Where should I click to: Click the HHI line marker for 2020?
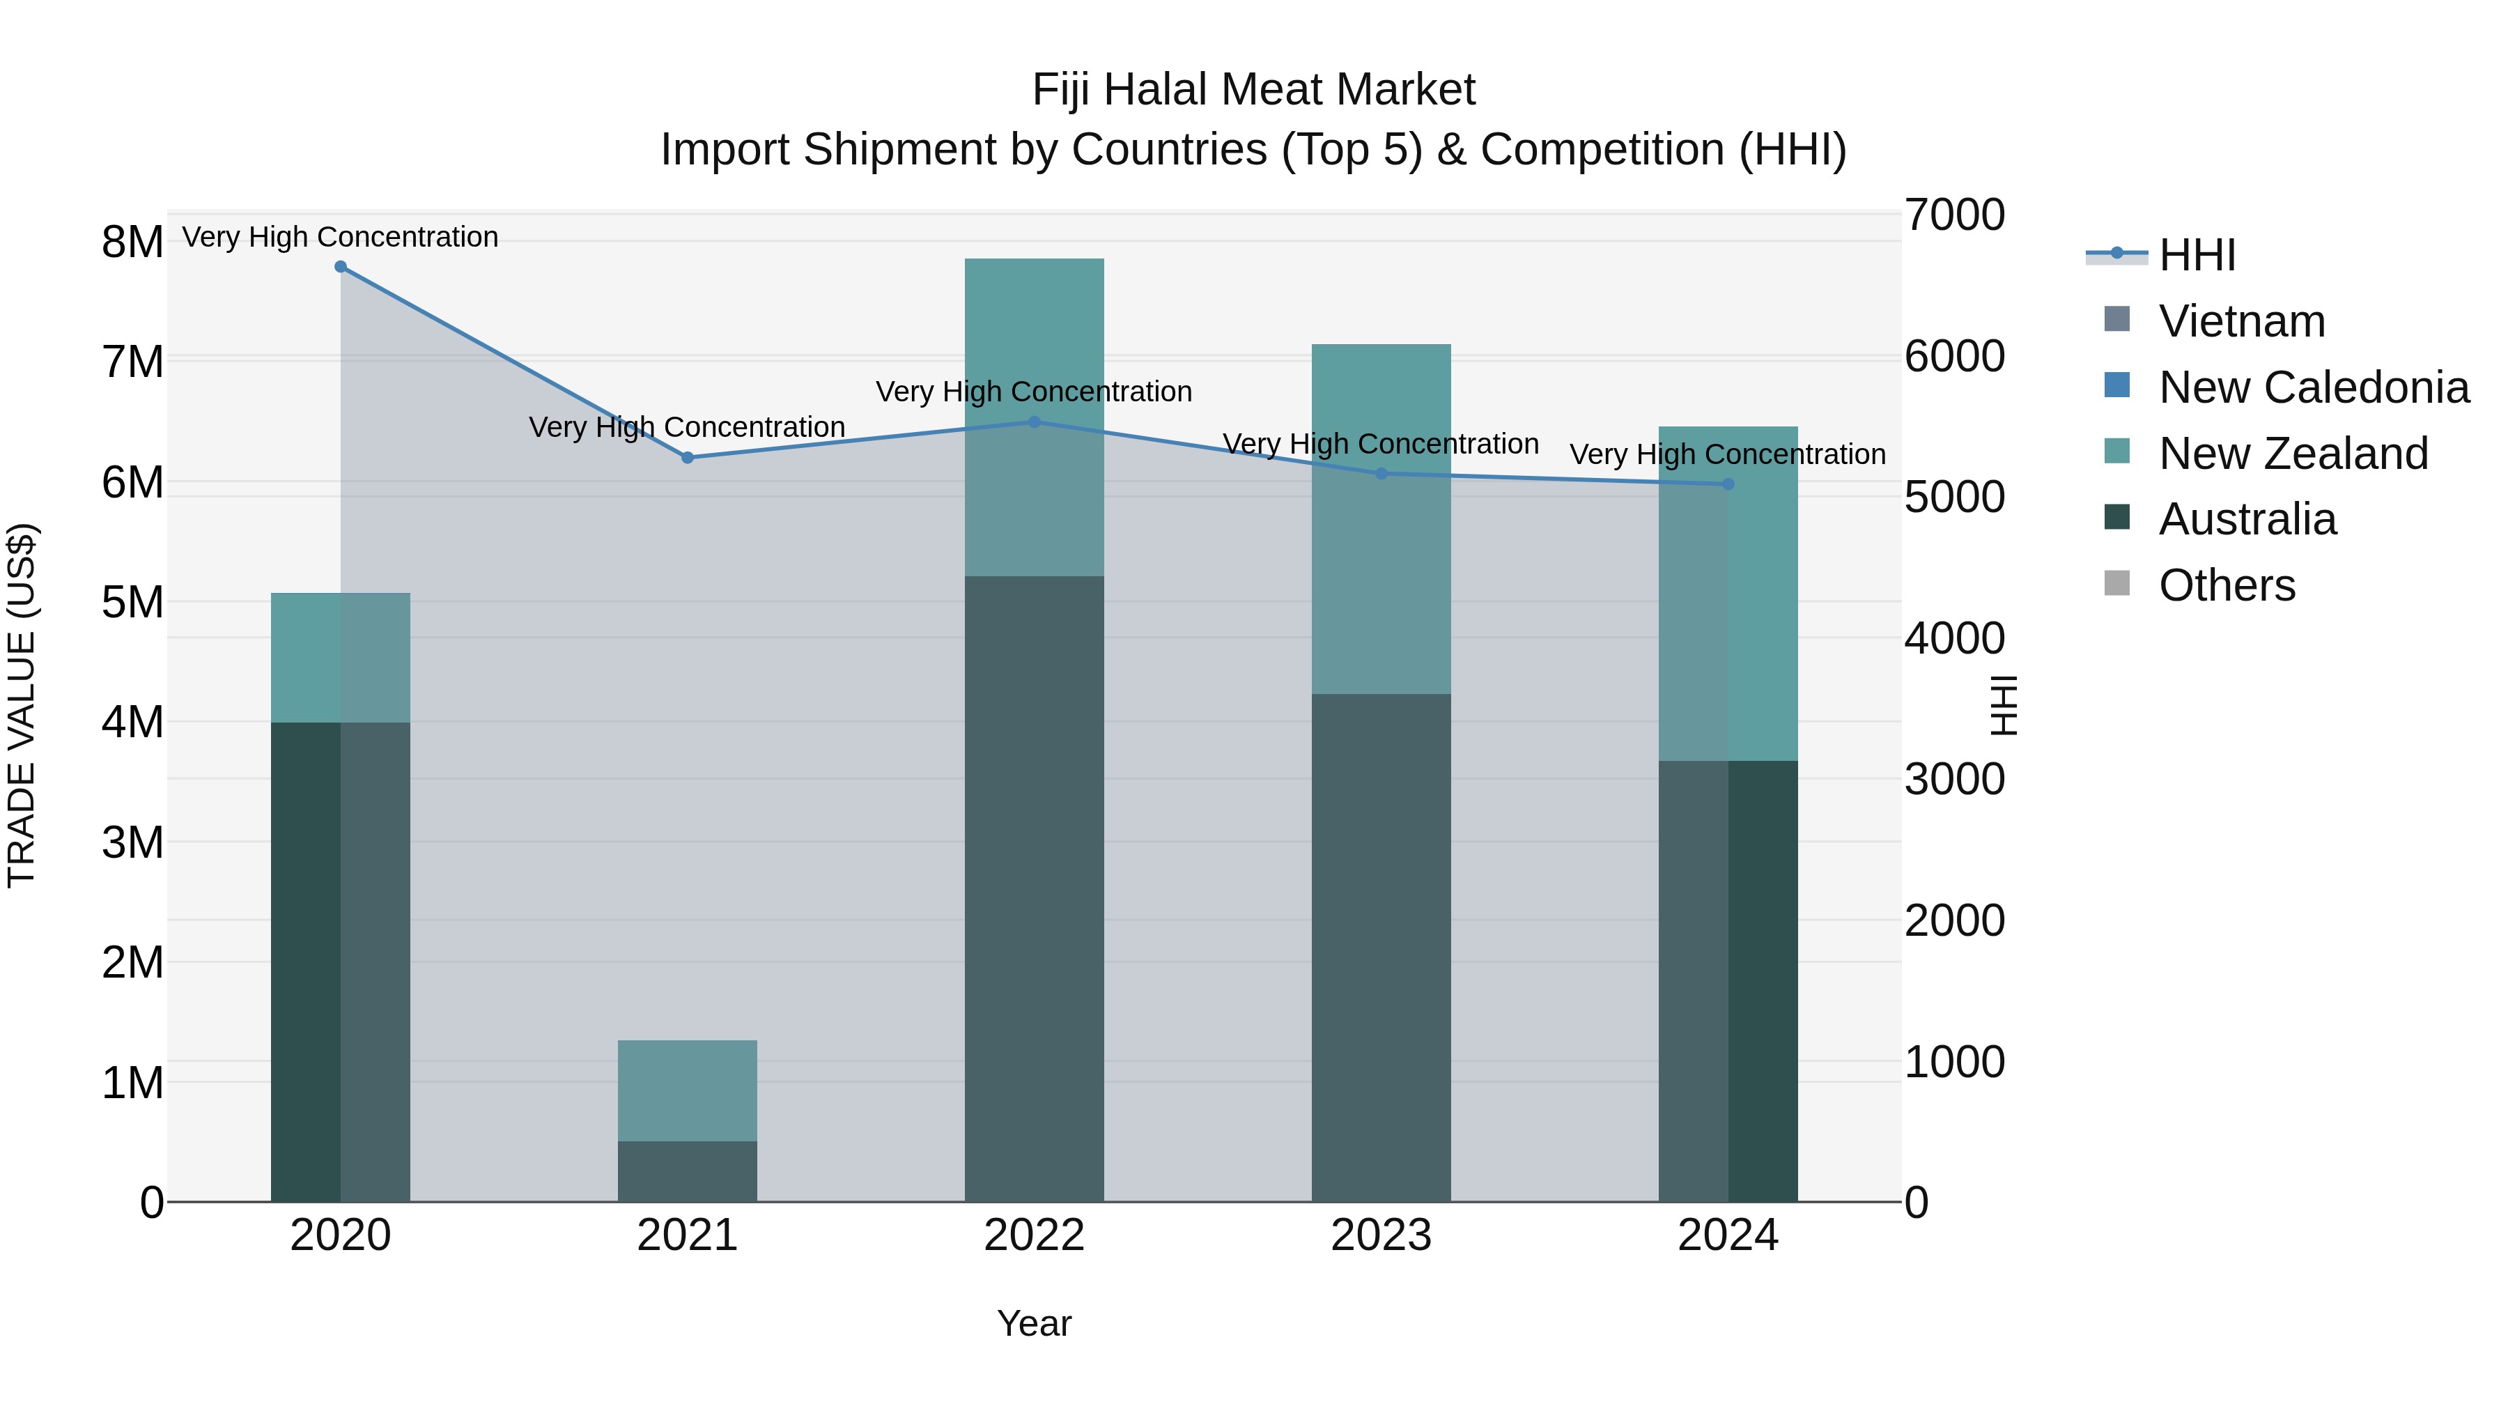click(341, 267)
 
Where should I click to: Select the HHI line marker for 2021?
click(688, 458)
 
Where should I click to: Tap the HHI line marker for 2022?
click(1035, 423)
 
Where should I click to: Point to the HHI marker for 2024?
click(1728, 484)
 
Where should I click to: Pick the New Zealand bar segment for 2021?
click(688, 1090)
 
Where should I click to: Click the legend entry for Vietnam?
click(2240, 321)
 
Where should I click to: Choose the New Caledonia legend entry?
click(2312, 387)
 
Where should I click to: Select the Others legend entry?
click(2226, 585)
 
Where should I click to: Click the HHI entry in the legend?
click(2197, 255)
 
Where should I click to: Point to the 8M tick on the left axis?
click(132, 242)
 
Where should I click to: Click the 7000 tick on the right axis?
click(1954, 215)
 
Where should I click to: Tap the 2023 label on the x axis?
click(1381, 1235)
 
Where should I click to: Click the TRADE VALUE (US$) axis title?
click(22, 706)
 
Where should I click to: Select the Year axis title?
click(1034, 1323)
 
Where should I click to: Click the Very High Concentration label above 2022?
click(1034, 392)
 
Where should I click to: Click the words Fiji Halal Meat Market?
click(1253, 90)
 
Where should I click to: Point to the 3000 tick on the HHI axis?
click(1954, 780)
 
